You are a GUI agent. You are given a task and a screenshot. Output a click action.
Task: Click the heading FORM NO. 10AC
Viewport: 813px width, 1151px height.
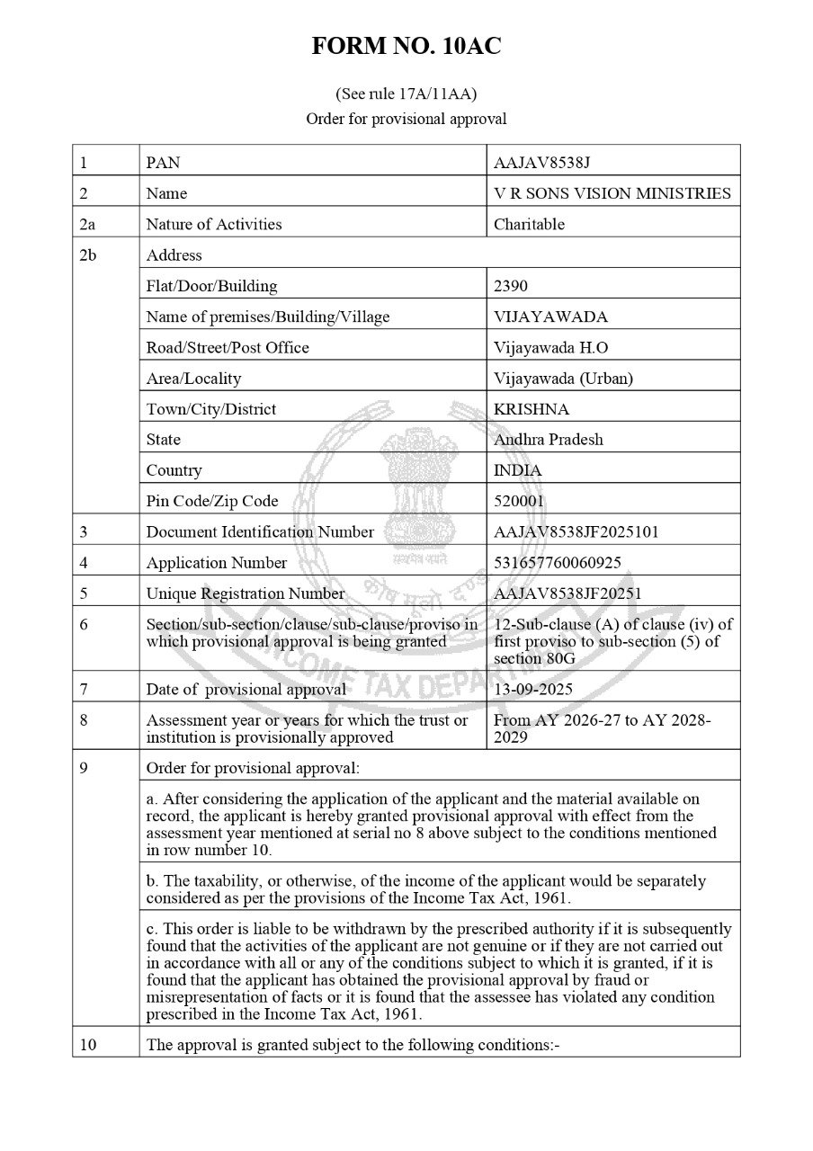point(406,48)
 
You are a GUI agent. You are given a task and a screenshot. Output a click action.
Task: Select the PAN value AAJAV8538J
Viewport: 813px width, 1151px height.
point(541,163)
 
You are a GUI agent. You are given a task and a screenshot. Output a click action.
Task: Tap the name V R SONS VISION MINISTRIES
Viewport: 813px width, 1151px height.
point(612,193)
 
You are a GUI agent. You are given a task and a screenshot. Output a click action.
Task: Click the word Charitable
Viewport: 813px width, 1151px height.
point(529,224)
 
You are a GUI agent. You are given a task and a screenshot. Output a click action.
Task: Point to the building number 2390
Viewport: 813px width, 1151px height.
point(511,286)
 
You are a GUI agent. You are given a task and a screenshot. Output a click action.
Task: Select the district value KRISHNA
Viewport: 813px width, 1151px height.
point(532,409)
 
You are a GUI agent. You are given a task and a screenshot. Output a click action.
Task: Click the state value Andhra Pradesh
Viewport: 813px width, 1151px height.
point(549,440)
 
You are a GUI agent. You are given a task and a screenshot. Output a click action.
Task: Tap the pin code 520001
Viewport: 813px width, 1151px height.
point(520,501)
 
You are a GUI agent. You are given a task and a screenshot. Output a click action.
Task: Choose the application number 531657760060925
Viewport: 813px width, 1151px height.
point(557,563)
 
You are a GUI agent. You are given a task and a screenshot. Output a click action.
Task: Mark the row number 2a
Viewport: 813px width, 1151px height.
point(87,224)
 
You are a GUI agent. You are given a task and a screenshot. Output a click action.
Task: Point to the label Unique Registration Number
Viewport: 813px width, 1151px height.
point(245,593)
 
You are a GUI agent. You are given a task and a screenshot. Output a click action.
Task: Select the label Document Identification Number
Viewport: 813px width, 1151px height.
point(260,531)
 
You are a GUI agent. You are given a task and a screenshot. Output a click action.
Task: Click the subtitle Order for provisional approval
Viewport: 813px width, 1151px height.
point(406,119)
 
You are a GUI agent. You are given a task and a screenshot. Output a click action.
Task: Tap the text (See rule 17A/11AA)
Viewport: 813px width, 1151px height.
point(406,94)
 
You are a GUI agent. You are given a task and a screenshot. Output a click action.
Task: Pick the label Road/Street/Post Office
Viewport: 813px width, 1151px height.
point(228,347)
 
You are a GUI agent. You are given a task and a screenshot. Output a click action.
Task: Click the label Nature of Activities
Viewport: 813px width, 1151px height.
point(214,224)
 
